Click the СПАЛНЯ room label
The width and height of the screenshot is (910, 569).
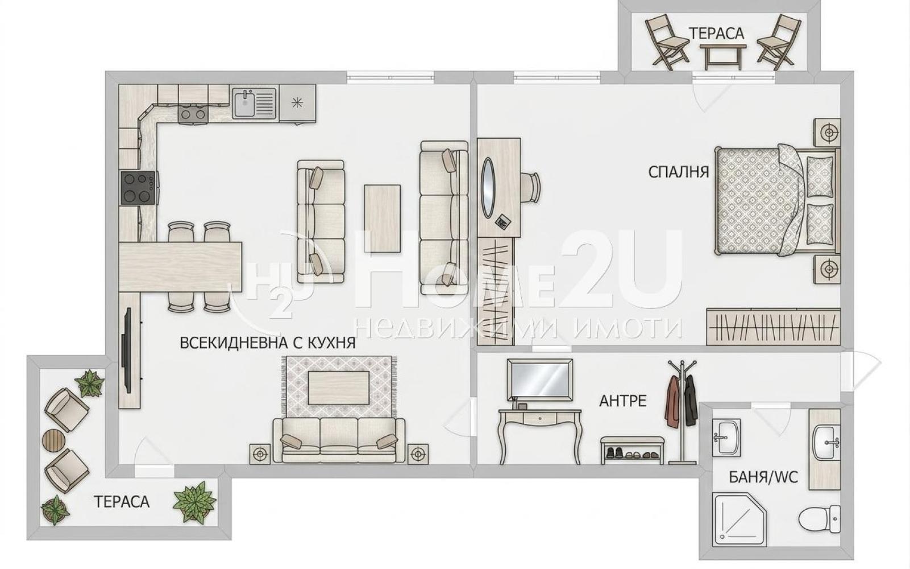tap(679, 172)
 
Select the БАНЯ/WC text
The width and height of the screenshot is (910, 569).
tap(764, 477)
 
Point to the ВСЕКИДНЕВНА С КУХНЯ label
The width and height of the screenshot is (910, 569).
tap(268, 343)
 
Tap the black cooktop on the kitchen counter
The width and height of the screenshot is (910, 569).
tap(138, 188)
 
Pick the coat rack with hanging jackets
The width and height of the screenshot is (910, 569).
tap(682, 411)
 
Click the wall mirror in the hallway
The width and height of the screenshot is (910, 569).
tap(540, 380)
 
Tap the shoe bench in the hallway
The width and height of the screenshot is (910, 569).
tap(632, 450)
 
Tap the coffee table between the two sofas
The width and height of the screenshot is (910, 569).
tap(382, 218)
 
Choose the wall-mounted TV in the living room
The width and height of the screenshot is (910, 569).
tap(128, 351)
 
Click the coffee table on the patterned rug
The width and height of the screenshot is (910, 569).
tap(339, 388)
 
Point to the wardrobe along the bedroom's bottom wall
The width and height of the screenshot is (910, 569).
tap(773, 327)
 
